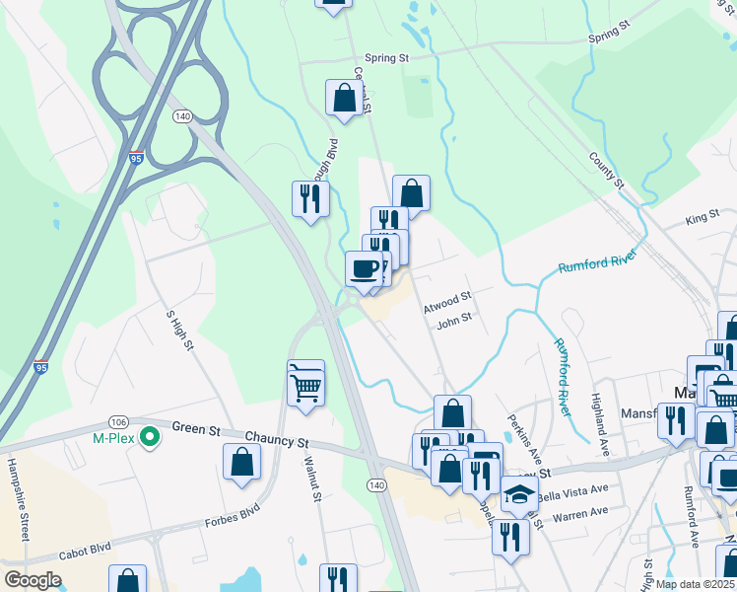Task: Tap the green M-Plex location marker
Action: click(150, 436)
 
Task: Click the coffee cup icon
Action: click(365, 268)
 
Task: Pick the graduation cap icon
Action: click(519, 494)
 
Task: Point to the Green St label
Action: click(195, 428)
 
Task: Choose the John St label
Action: click(455, 321)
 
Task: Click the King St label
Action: click(703, 216)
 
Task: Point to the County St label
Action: click(606, 171)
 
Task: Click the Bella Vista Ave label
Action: click(570, 489)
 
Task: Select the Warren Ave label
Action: click(580, 513)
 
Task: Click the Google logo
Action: click(33, 579)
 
